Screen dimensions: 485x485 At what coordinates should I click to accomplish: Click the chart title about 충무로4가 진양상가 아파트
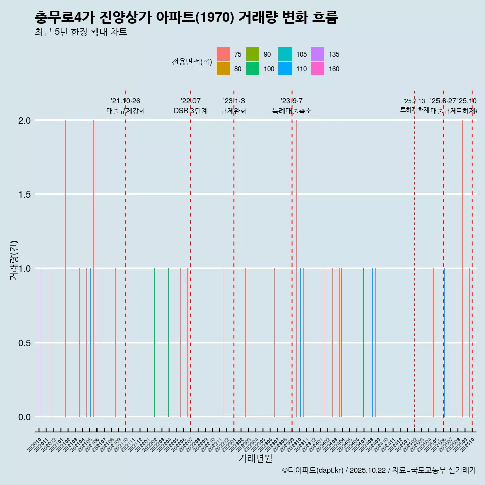point(186,18)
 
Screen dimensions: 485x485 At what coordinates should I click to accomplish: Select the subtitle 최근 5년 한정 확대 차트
point(81,33)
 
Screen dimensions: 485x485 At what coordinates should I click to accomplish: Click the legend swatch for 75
point(223,54)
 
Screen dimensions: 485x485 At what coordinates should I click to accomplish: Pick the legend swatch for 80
point(223,69)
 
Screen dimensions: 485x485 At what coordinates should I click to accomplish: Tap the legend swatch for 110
point(286,69)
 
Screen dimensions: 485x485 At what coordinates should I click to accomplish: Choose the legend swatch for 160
point(318,69)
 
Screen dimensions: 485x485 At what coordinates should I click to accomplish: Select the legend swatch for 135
point(318,54)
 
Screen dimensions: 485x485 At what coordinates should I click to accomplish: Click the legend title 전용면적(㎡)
point(191,62)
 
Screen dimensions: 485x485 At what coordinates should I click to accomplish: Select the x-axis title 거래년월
point(255,458)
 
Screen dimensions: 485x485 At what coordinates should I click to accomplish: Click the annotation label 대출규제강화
point(126,111)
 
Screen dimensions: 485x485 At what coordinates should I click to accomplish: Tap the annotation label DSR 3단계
point(190,111)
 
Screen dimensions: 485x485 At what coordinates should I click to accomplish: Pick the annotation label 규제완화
point(234,111)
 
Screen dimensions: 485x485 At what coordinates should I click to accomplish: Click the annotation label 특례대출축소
point(292,111)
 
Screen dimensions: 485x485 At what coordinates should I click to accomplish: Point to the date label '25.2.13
point(414,101)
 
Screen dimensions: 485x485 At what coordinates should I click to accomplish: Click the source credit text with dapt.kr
point(379,470)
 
